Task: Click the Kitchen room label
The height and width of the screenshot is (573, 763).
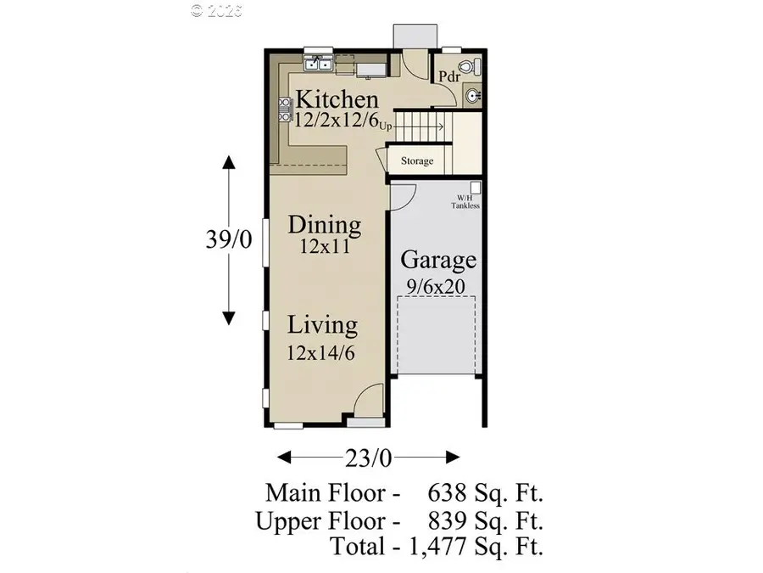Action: [x=337, y=99]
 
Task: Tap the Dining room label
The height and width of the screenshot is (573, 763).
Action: [x=325, y=225]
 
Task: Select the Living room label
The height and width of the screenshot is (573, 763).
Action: [x=322, y=325]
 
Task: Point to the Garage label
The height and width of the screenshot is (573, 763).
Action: [x=438, y=260]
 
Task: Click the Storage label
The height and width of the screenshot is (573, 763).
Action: [x=417, y=160]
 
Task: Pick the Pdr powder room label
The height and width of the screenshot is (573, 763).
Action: [x=449, y=76]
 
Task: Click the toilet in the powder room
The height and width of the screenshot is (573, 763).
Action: [x=470, y=66]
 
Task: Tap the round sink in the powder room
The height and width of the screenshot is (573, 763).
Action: [x=472, y=95]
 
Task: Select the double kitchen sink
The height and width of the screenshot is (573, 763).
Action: [x=318, y=64]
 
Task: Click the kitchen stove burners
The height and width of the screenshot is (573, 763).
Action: [x=285, y=110]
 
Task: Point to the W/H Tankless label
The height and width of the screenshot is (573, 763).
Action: [x=465, y=202]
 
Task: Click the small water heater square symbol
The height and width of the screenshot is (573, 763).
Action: [x=476, y=188]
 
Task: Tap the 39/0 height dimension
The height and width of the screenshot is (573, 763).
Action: [x=229, y=239]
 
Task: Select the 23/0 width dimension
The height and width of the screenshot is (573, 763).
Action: [x=369, y=458]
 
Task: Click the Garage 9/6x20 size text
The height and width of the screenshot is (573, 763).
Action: [x=436, y=287]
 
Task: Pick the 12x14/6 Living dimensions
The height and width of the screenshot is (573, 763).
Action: [x=320, y=353]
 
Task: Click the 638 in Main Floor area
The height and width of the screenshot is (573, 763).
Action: [x=446, y=493]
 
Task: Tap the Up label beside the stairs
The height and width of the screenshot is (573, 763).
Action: [x=386, y=126]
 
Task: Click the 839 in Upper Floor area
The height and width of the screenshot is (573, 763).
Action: [x=446, y=521]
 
